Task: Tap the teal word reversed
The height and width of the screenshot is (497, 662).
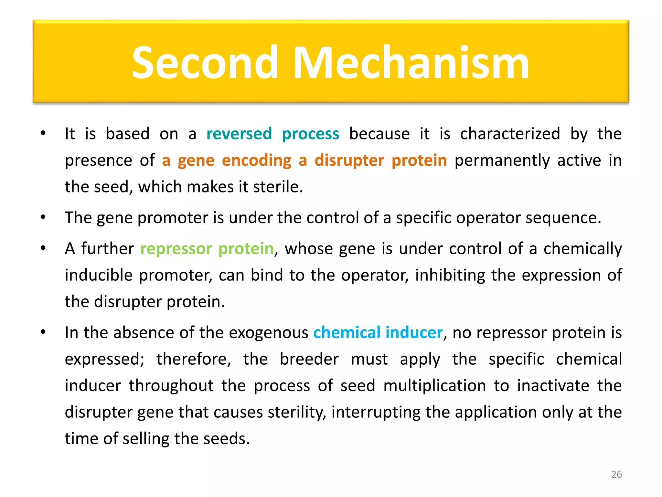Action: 239,134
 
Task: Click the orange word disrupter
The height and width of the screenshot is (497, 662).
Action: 349,160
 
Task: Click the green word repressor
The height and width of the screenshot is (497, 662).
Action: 176,249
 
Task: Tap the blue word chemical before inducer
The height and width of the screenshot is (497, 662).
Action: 347,333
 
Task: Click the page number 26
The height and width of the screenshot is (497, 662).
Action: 616,474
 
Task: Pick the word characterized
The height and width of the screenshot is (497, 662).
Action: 510,134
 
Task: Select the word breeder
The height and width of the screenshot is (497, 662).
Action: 309,359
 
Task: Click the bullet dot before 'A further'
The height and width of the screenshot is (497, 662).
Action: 43,248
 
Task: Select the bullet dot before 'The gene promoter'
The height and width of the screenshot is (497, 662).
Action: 43,217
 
